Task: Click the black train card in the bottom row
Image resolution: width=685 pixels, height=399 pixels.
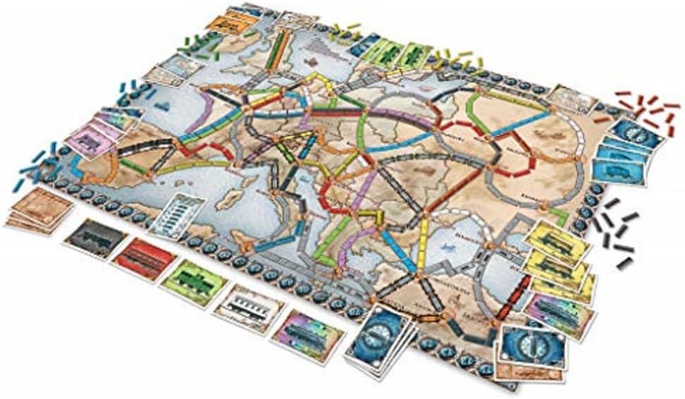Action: [x=97, y=238]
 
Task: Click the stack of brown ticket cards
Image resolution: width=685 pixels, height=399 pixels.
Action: [x=40, y=209]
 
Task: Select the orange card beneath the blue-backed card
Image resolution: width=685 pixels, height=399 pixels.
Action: [x=536, y=370]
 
